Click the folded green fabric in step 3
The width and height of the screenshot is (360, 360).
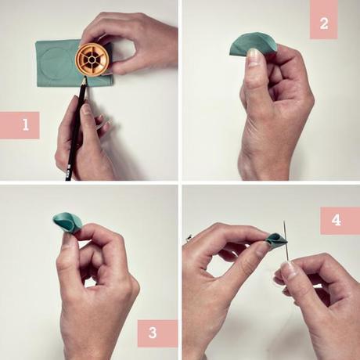[67, 223]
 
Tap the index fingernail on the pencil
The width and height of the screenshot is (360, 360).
[86, 110]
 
